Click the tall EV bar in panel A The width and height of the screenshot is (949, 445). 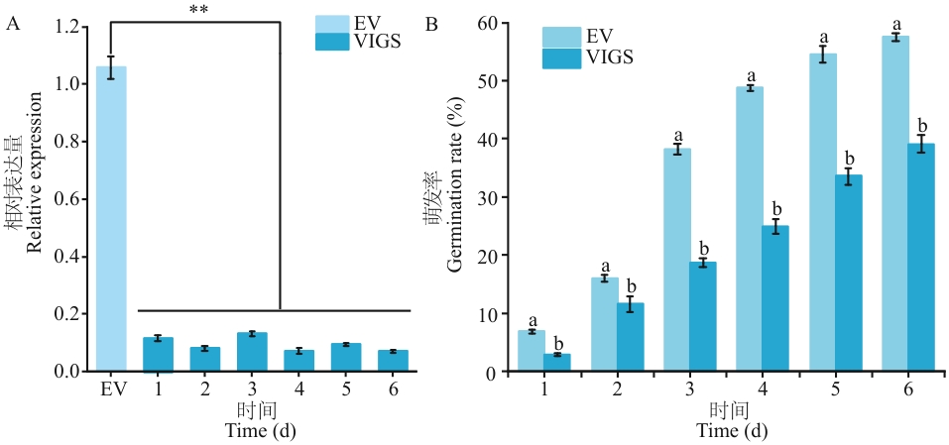point(111,218)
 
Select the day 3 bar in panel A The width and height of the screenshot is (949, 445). point(252,352)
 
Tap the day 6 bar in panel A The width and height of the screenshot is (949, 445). point(393,361)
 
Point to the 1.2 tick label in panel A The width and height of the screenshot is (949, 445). point(68,27)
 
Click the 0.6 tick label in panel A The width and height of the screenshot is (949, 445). point(68,199)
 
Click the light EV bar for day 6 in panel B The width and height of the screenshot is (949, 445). point(894,204)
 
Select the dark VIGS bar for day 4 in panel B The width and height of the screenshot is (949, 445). point(775,298)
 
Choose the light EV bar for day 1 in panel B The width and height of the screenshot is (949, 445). point(532,351)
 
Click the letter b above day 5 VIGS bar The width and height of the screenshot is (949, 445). point(849,159)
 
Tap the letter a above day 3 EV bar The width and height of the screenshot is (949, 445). point(678,136)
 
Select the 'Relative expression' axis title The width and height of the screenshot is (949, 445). point(34,181)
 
